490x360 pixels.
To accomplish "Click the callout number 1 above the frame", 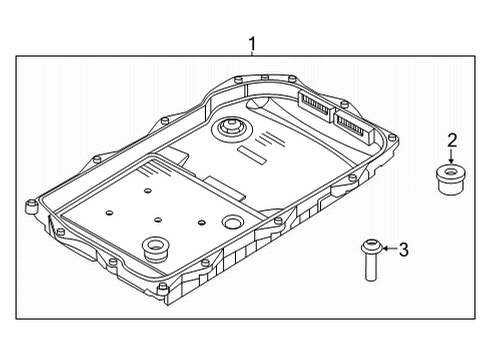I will coord(252,43).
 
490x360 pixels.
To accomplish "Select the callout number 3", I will coord(403,249).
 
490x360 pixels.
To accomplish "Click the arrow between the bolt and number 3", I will coord(388,249).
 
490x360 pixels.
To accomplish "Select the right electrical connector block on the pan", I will coord(350,122).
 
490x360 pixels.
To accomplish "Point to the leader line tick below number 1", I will coord(252,56).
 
